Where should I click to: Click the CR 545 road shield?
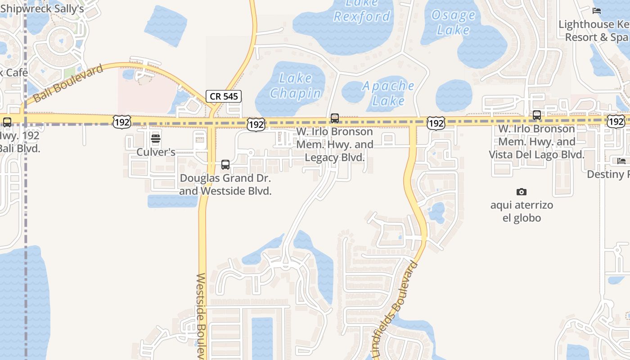pyautogui.click(x=224, y=96)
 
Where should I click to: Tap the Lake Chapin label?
pyautogui.click(x=295, y=85)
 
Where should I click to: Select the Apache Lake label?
pyautogui.click(x=388, y=93)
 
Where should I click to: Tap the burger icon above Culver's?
pyautogui.click(x=156, y=138)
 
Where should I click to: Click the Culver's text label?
pyautogui.click(x=156, y=152)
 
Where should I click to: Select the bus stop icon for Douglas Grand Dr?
pyautogui.click(x=225, y=165)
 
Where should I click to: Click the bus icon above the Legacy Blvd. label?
pyautogui.click(x=335, y=118)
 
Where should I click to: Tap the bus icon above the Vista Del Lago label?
pyautogui.click(x=537, y=115)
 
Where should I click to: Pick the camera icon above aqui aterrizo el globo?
pyautogui.click(x=522, y=192)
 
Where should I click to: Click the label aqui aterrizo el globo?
pyautogui.click(x=522, y=211)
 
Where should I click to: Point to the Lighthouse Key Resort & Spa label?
pyautogui.click(x=594, y=31)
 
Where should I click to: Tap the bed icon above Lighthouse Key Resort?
pyautogui.click(x=597, y=11)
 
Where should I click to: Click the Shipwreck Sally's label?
pyautogui.click(x=42, y=9)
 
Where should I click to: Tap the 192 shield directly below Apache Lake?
pyautogui.click(x=436, y=122)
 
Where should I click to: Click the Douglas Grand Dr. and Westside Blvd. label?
pyautogui.click(x=225, y=184)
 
